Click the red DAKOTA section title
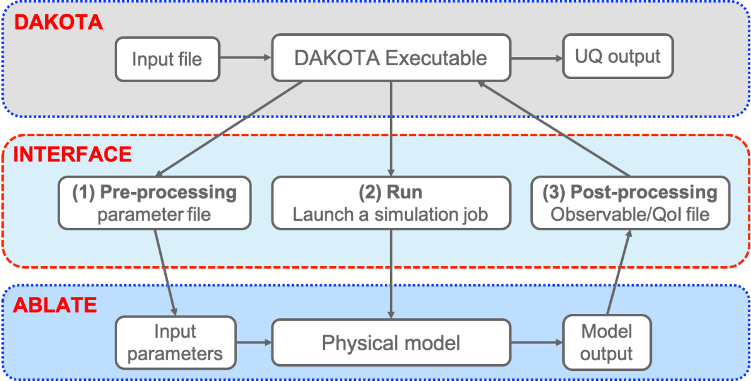click(58, 23)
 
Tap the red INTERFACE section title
click(72, 154)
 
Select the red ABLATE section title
click(55, 306)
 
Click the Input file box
click(167, 59)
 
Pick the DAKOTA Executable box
click(391, 58)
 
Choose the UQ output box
click(618, 56)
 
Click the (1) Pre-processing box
click(154, 202)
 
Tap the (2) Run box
click(391, 202)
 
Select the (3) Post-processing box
click(630, 202)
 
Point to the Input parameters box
click(176, 342)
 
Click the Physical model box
click(391, 343)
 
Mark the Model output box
click(607, 342)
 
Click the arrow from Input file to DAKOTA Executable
click(246, 58)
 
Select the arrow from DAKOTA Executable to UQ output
click(537, 58)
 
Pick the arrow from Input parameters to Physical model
click(253, 343)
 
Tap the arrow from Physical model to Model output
click(537, 343)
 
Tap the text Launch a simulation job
click(391, 214)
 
